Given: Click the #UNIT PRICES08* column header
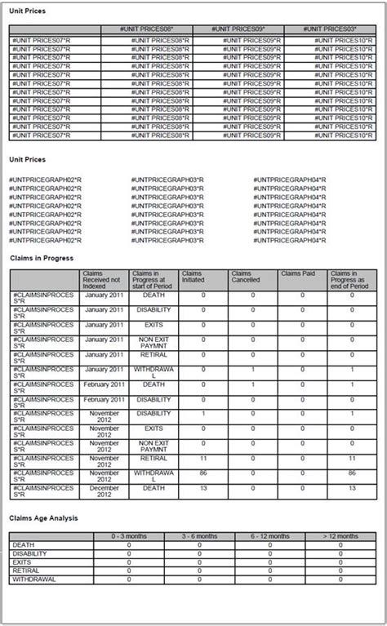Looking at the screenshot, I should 146,29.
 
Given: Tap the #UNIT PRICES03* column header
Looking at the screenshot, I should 331,29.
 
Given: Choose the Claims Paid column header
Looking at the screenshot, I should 302,274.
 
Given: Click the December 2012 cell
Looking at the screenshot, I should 104,491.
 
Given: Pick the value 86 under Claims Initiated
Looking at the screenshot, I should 202,473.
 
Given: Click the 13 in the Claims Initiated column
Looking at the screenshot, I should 202,487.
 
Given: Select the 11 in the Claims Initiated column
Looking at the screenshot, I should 202,460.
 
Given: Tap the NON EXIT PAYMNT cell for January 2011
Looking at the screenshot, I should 153,343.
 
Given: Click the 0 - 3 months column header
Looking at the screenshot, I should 128,536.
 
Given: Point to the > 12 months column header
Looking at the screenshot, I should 340,536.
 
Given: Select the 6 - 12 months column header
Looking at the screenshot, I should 269,536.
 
